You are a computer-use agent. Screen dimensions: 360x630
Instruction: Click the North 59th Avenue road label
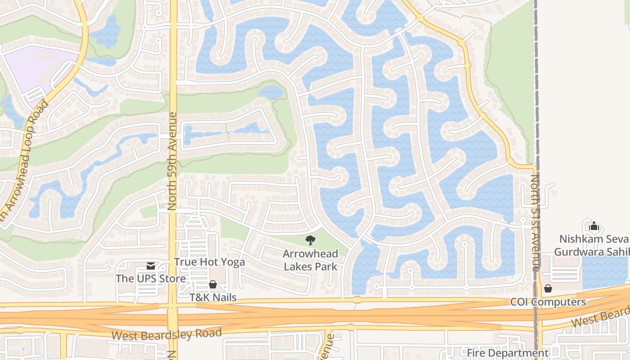[172, 161]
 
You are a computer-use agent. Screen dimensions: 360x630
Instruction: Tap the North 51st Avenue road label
[535, 223]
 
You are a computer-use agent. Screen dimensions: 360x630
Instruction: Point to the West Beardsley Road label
[166, 334]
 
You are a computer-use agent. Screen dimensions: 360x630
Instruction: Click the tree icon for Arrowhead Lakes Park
[310, 240]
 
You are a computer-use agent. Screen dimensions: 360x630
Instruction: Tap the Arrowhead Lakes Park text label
[310, 260]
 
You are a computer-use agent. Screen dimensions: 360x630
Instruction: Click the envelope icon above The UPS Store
[151, 266]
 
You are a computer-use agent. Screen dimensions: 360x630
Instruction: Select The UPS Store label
[150, 279]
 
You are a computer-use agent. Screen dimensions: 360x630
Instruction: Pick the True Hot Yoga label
[209, 262]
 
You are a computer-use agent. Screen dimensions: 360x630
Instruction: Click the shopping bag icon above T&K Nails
[212, 284]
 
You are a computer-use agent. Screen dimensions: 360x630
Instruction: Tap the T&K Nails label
[212, 297]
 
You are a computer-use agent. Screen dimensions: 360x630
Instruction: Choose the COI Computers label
[548, 302]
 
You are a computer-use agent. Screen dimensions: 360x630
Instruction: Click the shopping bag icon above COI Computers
[548, 288]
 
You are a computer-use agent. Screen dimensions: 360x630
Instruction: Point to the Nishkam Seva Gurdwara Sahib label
[591, 245]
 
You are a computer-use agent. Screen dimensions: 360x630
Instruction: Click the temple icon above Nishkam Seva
[594, 226]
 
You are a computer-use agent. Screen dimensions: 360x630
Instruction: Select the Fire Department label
[507, 353]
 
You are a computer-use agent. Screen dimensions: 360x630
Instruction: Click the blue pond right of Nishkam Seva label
[605, 270]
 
